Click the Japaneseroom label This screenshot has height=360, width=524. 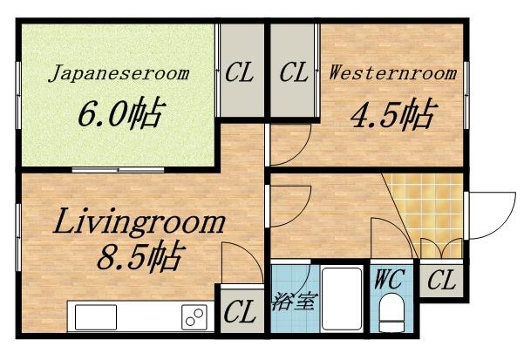click(x=119, y=73)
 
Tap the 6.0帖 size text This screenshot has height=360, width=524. click(x=122, y=112)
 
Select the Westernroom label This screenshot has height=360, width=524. click(x=392, y=73)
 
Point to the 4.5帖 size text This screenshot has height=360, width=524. click(x=394, y=114)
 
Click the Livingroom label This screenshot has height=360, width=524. click(x=139, y=221)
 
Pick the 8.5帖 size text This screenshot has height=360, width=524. click(x=141, y=255)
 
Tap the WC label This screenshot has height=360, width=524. click(x=390, y=279)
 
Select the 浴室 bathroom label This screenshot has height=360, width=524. click(x=294, y=302)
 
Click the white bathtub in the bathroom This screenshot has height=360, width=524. click(x=342, y=299)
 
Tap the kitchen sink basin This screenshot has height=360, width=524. click(x=96, y=317)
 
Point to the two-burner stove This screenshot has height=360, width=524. click(x=194, y=317)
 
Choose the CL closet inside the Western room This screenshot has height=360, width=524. click(x=293, y=71)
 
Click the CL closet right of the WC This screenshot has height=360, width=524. click(x=441, y=280)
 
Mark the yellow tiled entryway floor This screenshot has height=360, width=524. click(x=428, y=215)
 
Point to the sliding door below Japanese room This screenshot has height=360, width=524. click(x=118, y=170)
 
